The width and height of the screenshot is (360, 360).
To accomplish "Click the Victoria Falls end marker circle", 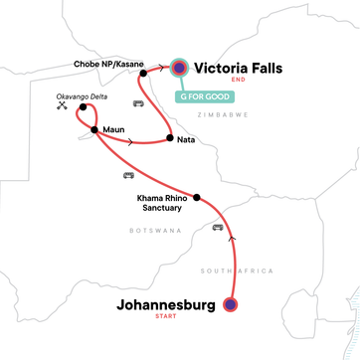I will click(179, 68).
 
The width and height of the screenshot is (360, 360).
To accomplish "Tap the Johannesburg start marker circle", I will click(232, 305).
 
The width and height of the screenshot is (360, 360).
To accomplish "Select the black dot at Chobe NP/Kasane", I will click(143, 73).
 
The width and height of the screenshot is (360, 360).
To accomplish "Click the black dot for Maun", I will click(94, 129).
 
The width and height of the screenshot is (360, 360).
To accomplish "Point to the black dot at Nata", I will click(171, 139).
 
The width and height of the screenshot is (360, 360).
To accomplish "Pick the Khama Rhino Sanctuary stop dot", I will click(196, 198).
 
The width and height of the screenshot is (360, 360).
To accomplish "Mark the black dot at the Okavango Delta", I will click(84, 106).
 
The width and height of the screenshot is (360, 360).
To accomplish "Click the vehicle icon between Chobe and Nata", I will click(137, 102).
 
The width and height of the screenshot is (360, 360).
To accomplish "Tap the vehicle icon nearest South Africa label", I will click(216, 228).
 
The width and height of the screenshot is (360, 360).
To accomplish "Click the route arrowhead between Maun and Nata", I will click(133, 140).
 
